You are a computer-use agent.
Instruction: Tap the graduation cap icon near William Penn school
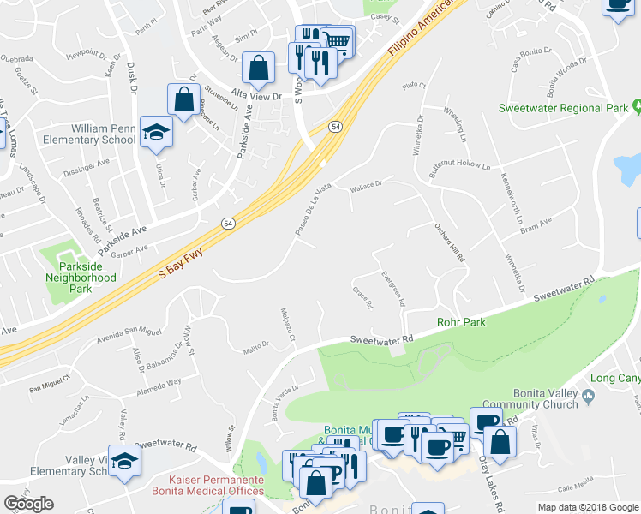pyautogui.click(x=156, y=131)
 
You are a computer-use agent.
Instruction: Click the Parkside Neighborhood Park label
pyautogui.click(x=81, y=272)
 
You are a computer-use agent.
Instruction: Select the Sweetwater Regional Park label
pyautogui.click(x=563, y=109)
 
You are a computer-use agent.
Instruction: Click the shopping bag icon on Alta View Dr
pyautogui.click(x=258, y=67)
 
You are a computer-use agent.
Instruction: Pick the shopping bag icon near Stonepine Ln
pyautogui.click(x=183, y=99)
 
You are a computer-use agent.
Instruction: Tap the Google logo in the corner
pyautogui.click(x=28, y=504)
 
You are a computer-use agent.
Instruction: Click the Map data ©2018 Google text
pyautogui.click(x=588, y=507)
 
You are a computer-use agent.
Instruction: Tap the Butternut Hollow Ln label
pyautogui.click(x=466, y=163)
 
